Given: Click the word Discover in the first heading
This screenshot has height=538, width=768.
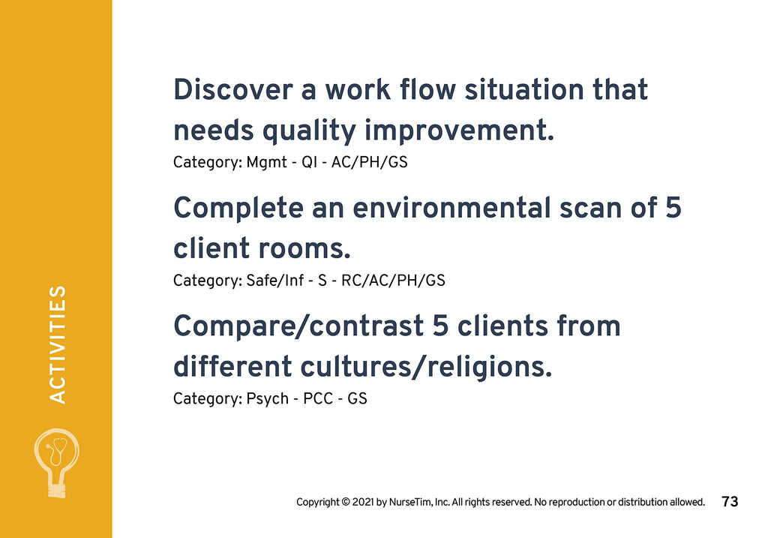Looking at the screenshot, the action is coord(233,90).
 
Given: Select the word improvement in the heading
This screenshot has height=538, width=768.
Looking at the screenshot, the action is coord(459,131).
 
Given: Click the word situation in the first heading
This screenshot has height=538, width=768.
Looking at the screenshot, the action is coord(524,90).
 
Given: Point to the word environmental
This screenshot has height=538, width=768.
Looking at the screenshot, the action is coord(451,208).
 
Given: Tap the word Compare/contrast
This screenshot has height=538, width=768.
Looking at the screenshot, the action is coord(298,327).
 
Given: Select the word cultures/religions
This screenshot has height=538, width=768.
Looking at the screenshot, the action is coord(426,367).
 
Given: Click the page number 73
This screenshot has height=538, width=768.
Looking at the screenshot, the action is coord(730,502).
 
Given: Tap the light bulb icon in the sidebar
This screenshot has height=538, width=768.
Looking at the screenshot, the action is coord(57,463).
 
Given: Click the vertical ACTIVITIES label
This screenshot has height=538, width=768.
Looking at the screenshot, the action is coord(57,345).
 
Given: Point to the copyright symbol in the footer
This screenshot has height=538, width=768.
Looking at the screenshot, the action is coord(346,502).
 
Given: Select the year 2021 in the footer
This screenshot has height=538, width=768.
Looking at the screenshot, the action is coord(363,502).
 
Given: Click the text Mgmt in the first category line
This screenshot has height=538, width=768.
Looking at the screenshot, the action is coord(266,163).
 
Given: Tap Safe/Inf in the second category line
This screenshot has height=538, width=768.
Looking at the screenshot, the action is coord(275,281).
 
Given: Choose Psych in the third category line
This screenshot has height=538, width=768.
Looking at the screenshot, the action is coord(268,399).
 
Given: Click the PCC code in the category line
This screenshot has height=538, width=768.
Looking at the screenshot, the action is coord(318,399).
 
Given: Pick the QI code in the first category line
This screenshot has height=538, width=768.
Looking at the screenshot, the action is coord(309,163).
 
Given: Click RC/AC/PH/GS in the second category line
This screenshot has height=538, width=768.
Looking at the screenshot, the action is coord(393,281).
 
